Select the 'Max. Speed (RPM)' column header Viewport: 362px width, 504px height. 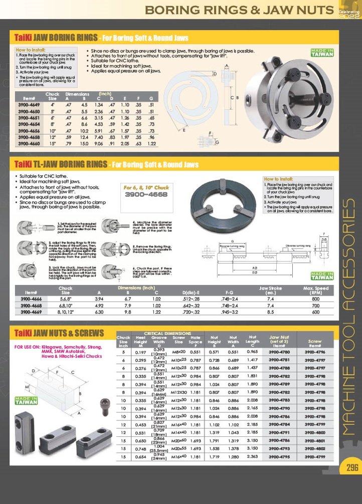[315, 290]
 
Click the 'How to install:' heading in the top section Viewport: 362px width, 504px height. [31, 50]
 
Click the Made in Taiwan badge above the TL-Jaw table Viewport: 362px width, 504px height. [322, 276]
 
